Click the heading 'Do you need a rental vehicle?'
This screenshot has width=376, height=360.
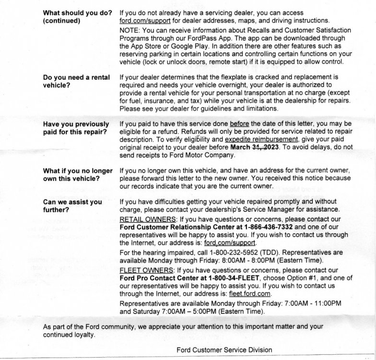tap(76, 81)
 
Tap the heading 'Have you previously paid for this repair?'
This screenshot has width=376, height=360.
tap(76, 128)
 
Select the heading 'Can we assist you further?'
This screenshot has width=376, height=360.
tap(72, 206)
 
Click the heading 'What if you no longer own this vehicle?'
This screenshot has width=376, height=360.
tap(78, 175)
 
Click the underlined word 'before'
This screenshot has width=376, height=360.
tap(239, 124)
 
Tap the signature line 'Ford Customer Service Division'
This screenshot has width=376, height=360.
tap(224, 350)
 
